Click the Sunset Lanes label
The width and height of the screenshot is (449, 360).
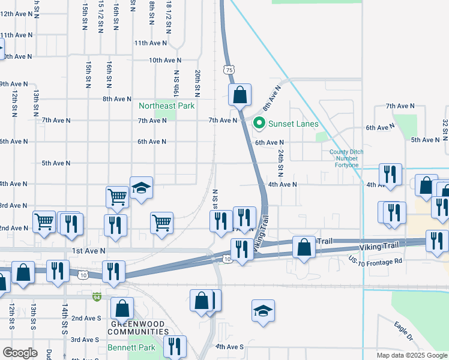293,124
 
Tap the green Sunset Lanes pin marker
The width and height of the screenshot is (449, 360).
259,124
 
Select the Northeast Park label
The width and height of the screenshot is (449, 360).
167,106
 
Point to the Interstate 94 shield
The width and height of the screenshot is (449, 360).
97,296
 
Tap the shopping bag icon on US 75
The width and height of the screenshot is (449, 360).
240,94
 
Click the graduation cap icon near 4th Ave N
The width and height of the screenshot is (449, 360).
141,188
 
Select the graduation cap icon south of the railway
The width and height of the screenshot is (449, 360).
263,310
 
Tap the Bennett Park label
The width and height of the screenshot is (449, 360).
131,347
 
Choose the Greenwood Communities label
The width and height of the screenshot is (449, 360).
138,328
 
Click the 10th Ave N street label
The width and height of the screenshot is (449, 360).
165,60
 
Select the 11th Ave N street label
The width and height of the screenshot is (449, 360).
150,43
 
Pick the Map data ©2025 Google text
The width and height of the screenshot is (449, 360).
411,355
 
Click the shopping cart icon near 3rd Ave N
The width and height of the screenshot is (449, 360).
117,196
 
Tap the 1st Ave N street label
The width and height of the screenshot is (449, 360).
88,251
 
